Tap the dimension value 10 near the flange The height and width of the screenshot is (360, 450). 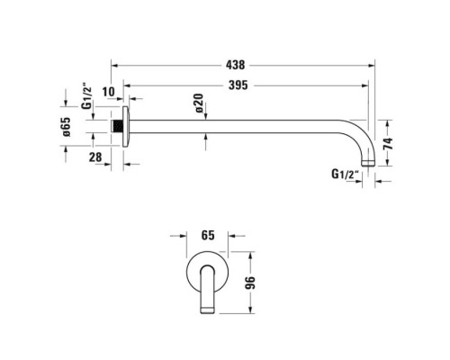(109, 91)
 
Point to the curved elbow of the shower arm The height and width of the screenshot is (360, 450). (358, 135)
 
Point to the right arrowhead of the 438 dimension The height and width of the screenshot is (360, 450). (373, 66)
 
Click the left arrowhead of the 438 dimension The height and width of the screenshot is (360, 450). (115, 66)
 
